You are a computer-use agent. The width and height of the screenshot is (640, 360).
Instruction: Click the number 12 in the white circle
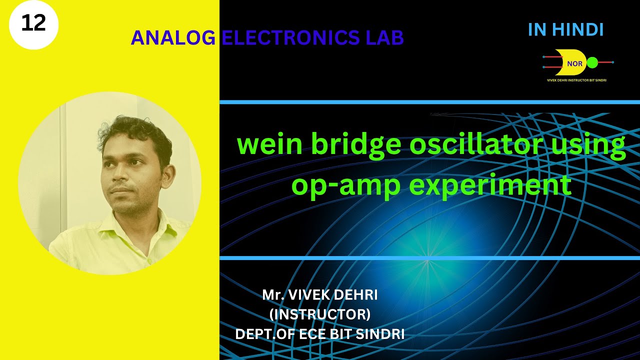pyautogui.click(x=33, y=23)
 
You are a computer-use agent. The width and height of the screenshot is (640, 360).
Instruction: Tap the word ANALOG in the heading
pyautogui.click(x=173, y=38)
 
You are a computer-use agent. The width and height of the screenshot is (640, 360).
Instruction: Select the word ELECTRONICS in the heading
pyautogui.click(x=291, y=38)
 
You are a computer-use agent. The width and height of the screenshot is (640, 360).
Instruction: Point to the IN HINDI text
pyautogui.click(x=565, y=30)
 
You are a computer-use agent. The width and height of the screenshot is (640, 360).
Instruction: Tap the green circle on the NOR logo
pyautogui.click(x=592, y=62)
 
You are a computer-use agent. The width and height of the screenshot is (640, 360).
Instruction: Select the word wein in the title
pyautogui.click(x=269, y=145)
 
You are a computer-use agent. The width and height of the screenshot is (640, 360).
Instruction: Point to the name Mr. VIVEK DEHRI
pyautogui.click(x=320, y=295)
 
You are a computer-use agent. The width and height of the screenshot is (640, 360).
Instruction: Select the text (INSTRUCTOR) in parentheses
pyautogui.click(x=320, y=314)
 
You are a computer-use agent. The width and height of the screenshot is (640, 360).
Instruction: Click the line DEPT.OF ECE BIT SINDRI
pyautogui.click(x=320, y=334)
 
